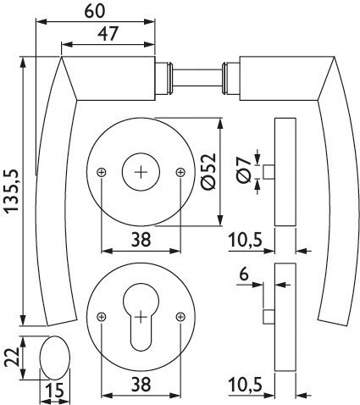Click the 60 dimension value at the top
point(95,11)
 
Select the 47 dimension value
point(108,34)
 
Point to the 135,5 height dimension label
point(12,191)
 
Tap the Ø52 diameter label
point(209,171)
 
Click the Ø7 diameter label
point(244,170)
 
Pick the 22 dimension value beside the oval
point(13,357)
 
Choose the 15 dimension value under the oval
point(55,391)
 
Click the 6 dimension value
point(244,275)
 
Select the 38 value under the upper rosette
point(141,240)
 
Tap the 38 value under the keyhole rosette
point(141,385)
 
